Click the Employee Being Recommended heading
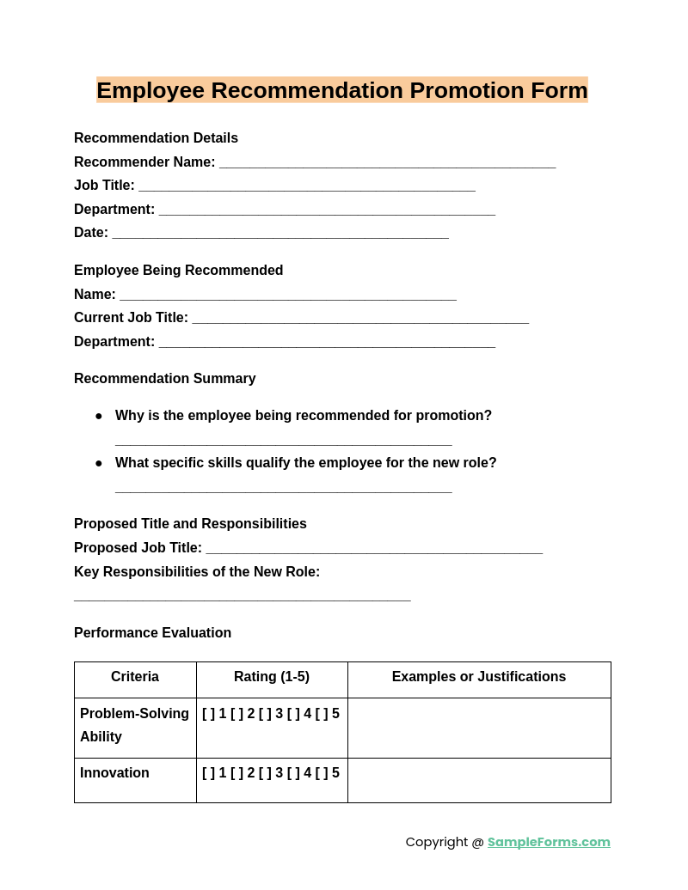click(178, 271)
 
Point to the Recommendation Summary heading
click(164, 379)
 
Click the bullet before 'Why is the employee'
click(99, 417)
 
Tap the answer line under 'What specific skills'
click(283, 491)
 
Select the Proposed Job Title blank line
click(374, 551)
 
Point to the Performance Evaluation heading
click(152, 633)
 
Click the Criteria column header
click(135, 677)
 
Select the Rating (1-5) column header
click(272, 677)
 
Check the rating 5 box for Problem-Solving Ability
click(322, 714)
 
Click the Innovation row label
click(114, 773)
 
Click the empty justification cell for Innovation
click(479, 780)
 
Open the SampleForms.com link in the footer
click(549, 842)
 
